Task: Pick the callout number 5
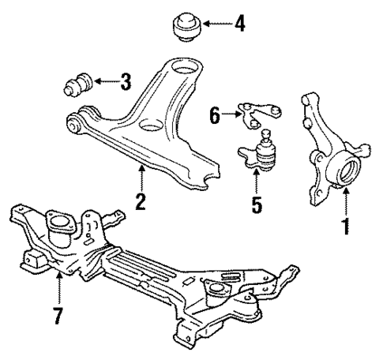tap(256, 204)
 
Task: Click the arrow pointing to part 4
tap(216, 23)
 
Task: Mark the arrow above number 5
tap(256, 181)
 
